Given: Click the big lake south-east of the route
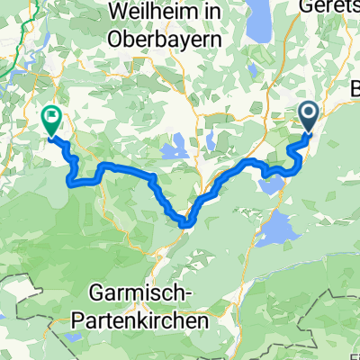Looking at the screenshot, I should coord(278,229).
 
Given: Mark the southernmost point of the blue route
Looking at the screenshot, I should coord(184,221).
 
